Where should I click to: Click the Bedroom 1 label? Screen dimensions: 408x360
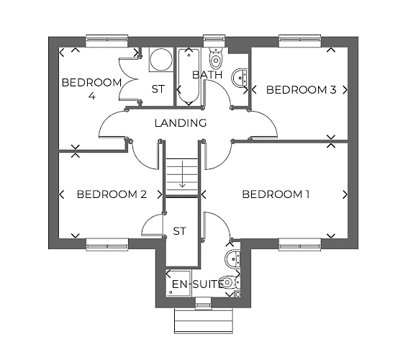[276, 194]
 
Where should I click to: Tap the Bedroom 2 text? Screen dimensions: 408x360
[112, 194]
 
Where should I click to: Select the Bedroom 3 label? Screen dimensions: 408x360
[301, 90]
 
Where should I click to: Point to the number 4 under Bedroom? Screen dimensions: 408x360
[92, 96]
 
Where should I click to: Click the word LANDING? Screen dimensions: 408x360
[181, 123]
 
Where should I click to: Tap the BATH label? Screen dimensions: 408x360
[207, 75]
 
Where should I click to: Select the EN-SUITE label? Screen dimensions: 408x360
[198, 284]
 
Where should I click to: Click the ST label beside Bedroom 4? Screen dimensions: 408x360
[158, 89]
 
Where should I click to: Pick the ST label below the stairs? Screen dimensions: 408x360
[180, 231]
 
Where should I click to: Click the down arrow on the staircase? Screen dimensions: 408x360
[182, 174]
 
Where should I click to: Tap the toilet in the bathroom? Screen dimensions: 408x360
[215, 58]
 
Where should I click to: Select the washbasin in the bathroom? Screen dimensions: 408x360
[240, 77]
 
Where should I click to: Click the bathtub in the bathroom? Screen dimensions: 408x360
[189, 76]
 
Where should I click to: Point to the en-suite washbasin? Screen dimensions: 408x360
[233, 258]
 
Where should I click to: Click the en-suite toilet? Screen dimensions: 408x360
[230, 282]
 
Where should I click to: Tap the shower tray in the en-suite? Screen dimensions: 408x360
[178, 284]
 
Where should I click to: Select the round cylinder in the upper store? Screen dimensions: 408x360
[161, 59]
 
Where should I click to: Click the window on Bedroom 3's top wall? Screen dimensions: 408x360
[300, 40]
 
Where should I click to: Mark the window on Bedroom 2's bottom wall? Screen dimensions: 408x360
[107, 245]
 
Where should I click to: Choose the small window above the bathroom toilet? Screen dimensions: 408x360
[214, 40]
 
